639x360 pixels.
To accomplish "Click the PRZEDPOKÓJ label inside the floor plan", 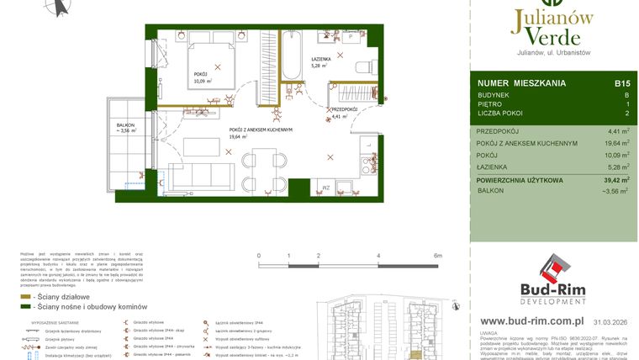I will (346, 110).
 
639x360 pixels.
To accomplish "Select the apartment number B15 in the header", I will (621, 83).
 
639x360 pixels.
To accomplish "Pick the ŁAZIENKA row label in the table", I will (494, 167).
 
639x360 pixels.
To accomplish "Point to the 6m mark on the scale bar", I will (436, 255).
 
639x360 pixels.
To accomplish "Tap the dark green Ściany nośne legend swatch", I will (27, 307).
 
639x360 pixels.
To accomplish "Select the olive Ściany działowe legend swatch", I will (27, 297).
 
